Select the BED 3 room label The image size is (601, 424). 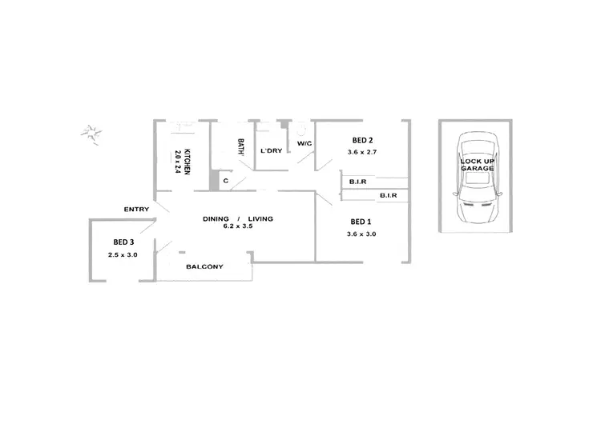pyautogui.click(x=123, y=242)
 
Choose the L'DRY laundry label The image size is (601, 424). pyautogui.click(x=270, y=150)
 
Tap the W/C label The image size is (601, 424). pyautogui.click(x=304, y=143)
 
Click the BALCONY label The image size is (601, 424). pyautogui.click(x=204, y=266)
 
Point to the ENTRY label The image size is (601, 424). pyautogui.click(x=136, y=210)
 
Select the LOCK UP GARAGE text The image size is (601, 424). pyautogui.click(x=477, y=165)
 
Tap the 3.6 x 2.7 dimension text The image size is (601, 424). pyautogui.click(x=362, y=152)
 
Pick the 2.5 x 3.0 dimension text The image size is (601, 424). pyautogui.click(x=123, y=254)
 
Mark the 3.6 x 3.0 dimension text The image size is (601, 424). pyautogui.click(x=362, y=234)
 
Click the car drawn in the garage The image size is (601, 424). pyautogui.click(x=477, y=180)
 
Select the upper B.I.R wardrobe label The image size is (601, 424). pyautogui.click(x=357, y=182)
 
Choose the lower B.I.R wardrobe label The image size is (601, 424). pyautogui.click(x=389, y=195)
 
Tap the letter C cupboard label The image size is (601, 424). pyautogui.click(x=226, y=181)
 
